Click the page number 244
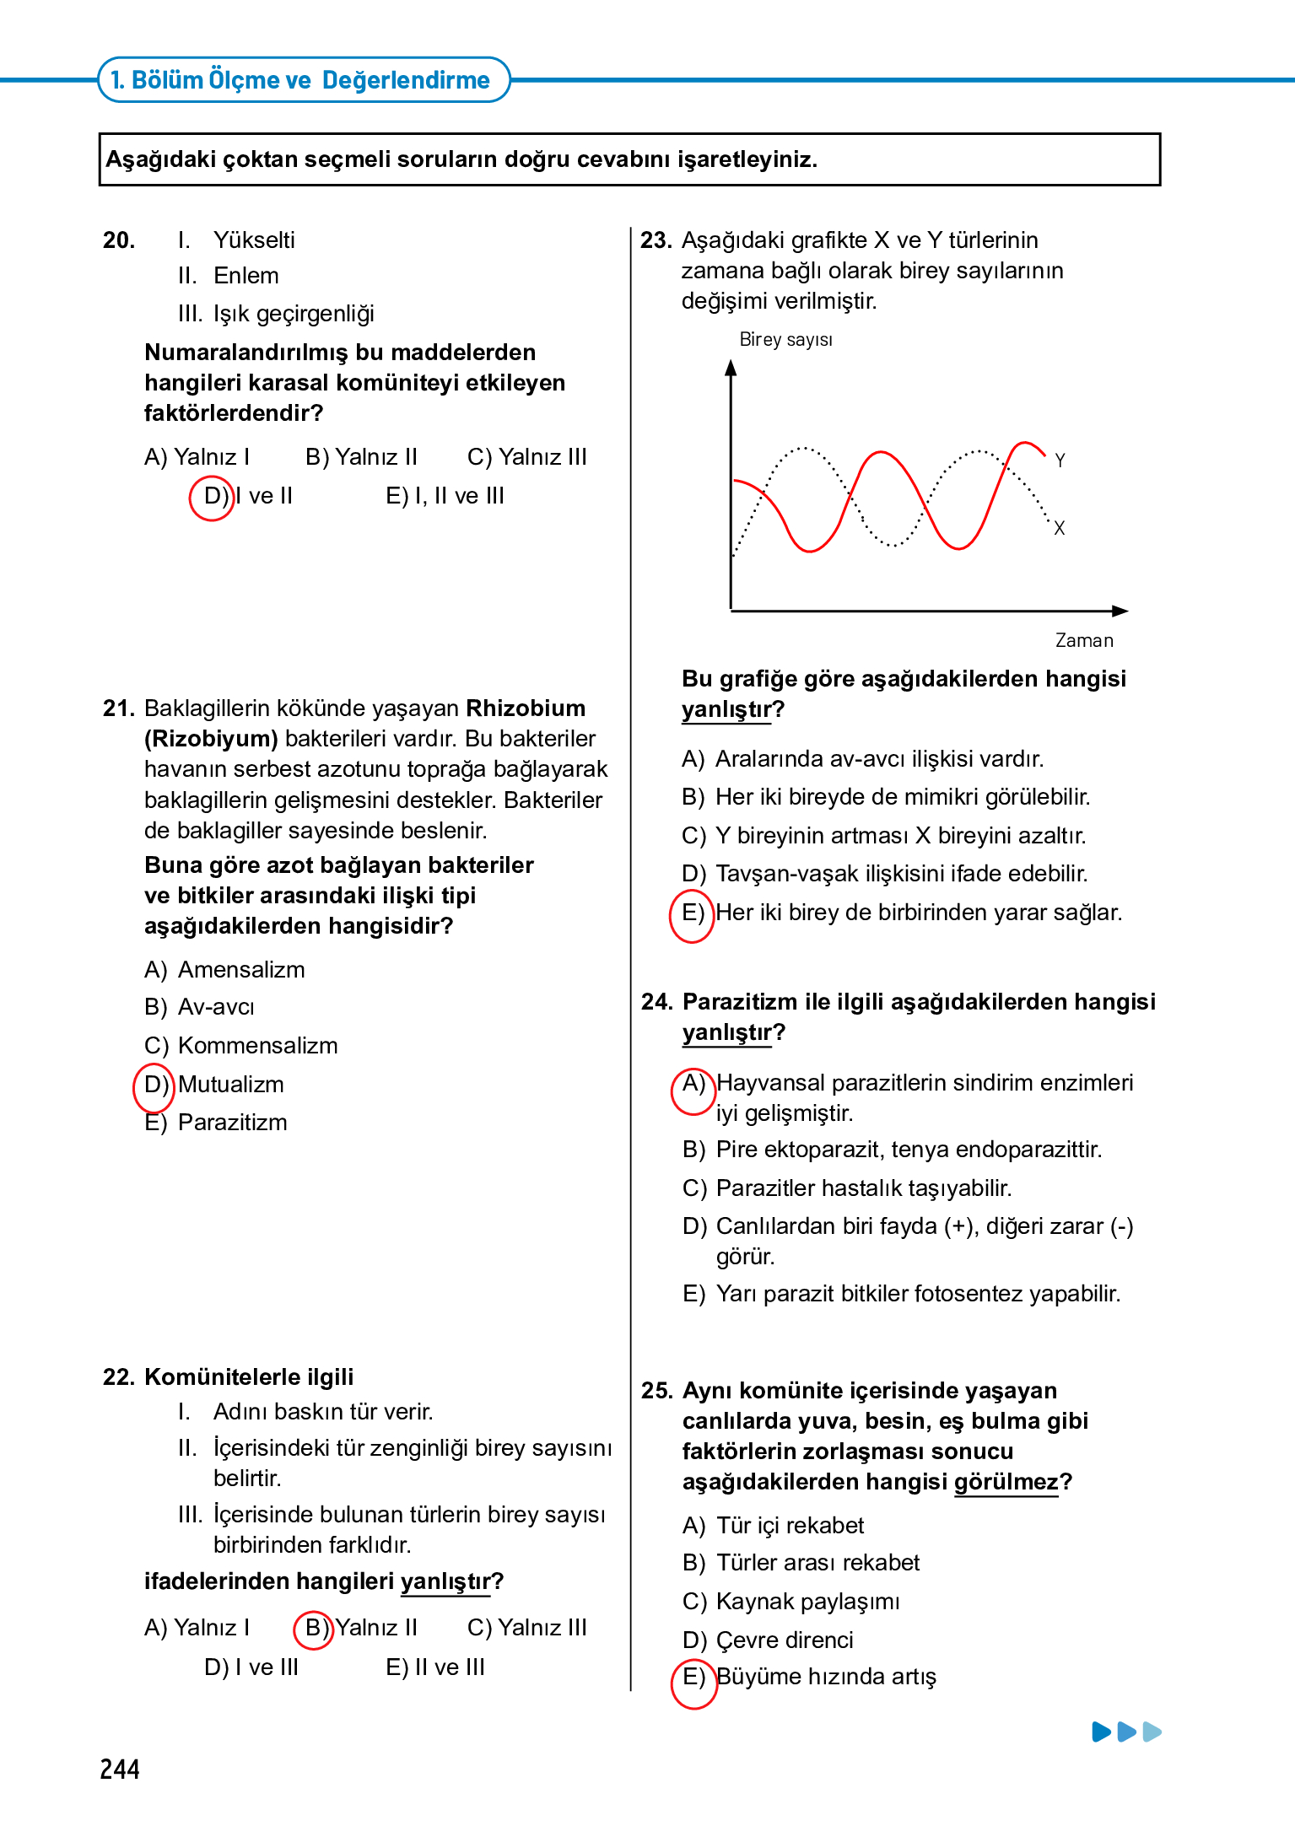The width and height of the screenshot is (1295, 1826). [x=120, y=1769]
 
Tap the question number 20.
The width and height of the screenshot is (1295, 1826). [x=119, y=240]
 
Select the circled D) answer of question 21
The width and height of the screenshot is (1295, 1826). [x=154, y=1085]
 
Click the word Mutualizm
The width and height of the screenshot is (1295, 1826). [x=230, y=1085]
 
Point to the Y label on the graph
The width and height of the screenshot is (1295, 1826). [x=1060, y=461]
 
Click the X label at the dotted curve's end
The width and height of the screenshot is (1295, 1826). [x=1060, y=528]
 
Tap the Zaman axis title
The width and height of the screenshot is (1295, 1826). [x=1084, y=641]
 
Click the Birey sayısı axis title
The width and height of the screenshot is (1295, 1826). [x=785, y=340]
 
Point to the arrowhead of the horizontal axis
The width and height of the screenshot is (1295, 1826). [x=1120, y=611]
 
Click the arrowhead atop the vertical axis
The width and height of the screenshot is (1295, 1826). [x=731, y=368]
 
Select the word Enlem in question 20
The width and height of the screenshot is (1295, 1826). [x=246, y=276]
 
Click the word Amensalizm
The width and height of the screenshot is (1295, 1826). [x=241, y=970]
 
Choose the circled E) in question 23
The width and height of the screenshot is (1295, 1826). [x=692, y=913]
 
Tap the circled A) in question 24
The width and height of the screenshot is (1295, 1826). [x=693, y=1085]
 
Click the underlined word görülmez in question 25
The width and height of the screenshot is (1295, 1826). [x=1006, y=1482]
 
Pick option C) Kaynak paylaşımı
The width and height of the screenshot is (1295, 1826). [x=790, y=1602]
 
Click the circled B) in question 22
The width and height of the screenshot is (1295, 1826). [x=315, y=1628]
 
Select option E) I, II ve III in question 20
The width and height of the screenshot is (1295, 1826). [x=445, y=496]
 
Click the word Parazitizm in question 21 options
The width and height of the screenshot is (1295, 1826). [x=232, y=1123]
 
